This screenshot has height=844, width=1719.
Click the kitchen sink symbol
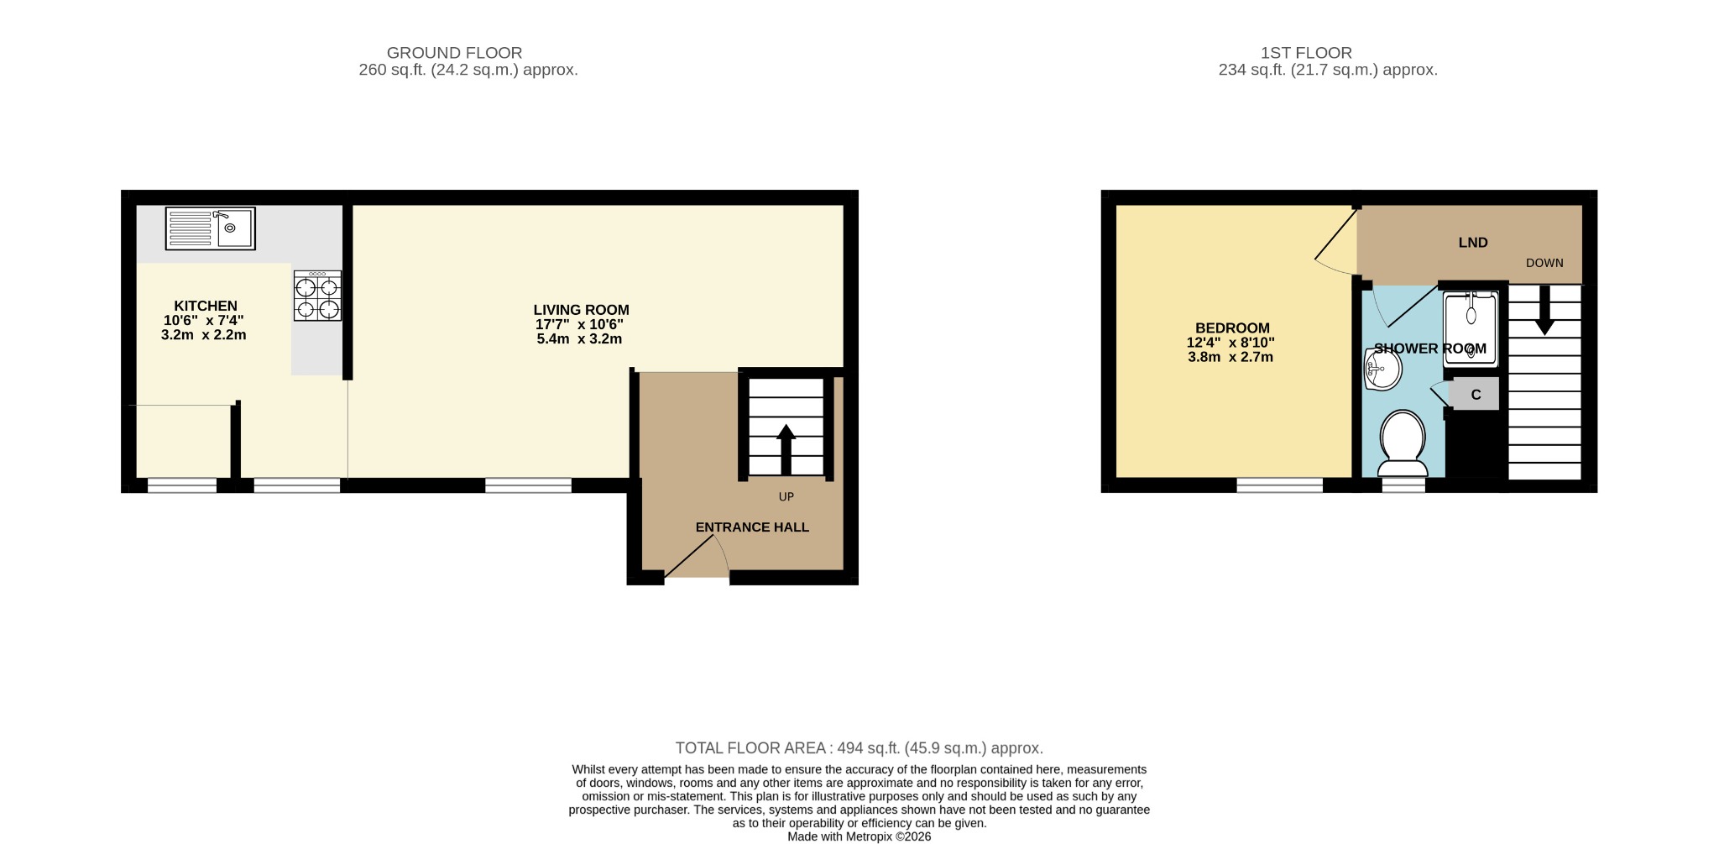(x=210, y=228)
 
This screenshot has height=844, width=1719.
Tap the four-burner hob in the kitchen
(x=317, y=296)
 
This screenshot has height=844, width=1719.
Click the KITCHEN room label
(x=206, y=307)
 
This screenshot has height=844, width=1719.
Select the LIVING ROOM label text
(x=581, y=310)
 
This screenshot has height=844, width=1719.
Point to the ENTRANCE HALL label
(x=752, y=527)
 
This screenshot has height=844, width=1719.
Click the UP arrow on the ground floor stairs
(x=786, y=448)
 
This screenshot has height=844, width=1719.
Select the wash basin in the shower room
(x=1382, y=370)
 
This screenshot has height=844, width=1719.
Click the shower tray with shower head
(x=1470, y=328)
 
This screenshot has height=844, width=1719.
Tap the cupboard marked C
(x=1475, y=395)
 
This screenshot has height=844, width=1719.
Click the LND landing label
(x=1473, y=243)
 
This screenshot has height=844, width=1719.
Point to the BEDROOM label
(x=1232, y=328)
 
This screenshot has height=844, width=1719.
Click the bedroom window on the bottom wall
(x=1279, y=485)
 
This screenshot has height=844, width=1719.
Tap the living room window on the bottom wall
(x=528, y=485)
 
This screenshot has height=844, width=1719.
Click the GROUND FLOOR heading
(x=454, y=53)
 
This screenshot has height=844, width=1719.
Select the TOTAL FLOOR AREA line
(x=859, y=748)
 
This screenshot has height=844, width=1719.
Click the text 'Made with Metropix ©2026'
(x=859, y=836)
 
